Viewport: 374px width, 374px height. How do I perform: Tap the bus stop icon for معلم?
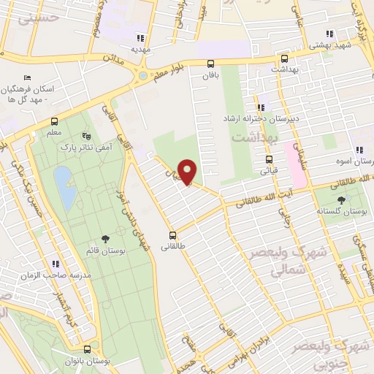(55, 122)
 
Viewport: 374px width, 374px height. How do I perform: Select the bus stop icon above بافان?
(210, 63)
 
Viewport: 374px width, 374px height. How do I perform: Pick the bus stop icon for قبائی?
(269, 159)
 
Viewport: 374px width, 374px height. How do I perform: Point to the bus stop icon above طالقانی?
(173, 235)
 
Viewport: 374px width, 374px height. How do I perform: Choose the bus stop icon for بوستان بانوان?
(88, 349)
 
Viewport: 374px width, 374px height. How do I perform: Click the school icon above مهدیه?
(140, 38)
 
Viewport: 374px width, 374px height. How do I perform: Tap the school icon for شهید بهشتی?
(329, 33)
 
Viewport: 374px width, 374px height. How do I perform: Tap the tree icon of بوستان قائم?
(106, 238)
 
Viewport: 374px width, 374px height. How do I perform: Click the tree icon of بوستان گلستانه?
(342, 199)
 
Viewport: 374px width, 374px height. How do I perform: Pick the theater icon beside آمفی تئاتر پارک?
(88, 136)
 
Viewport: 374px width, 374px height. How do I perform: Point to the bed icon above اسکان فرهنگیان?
(28, 78)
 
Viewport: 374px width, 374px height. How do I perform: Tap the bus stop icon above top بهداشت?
(283, 58)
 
